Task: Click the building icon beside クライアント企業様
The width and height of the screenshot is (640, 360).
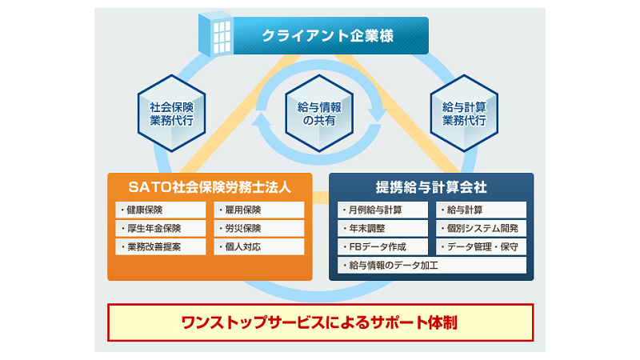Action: [216, 34]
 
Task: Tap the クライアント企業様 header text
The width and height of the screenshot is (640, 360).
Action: [327, 36]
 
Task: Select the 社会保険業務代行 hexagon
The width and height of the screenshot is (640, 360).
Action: [171, 113]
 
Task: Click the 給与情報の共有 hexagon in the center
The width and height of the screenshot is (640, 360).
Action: [319, 113]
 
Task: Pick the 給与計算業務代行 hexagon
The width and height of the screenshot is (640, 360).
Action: [464, 113]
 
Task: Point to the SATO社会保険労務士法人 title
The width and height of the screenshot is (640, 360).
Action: [210, 187]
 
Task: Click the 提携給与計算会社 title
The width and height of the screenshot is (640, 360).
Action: [431, 187]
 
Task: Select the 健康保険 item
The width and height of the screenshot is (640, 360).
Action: [161, 210]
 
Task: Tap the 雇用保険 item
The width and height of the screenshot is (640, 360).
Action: [258, 210]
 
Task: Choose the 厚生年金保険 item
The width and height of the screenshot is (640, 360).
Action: [161, 228]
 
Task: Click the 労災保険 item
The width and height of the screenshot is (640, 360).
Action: [258, 228]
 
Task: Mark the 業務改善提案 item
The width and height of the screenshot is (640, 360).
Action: [161, 247]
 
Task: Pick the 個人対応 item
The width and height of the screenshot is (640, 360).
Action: [258, 247]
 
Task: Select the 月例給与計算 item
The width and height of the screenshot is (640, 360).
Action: [382, 210]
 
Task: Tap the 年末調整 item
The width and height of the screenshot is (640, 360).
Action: [382, 228]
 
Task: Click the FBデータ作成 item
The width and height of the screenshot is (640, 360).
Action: [382, 247]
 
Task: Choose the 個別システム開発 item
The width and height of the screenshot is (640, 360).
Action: [482, 228]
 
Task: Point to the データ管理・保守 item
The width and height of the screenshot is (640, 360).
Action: [482, 247]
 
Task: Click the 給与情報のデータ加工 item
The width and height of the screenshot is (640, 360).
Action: [432, 266]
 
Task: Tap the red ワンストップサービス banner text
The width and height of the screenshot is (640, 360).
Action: [319, 323]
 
